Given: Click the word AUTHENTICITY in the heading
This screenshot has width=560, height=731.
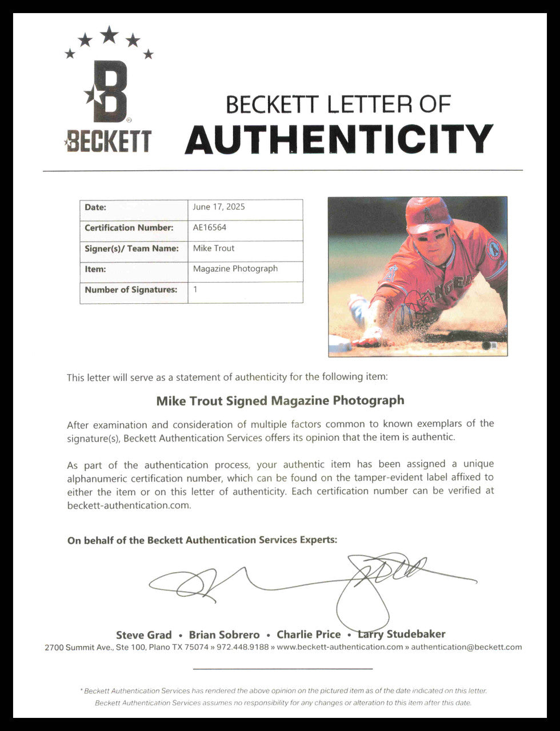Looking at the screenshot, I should coord(338,139).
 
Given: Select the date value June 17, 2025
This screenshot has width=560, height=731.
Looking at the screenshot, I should coord(219,207).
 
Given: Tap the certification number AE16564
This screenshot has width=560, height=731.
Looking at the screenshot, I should coord(210,227).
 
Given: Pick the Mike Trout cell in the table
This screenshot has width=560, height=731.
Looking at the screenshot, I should coord(214,248).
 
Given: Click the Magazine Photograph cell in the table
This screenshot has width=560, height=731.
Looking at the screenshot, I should coord(235,268).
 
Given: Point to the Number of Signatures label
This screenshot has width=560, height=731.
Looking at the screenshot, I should coord(131,290).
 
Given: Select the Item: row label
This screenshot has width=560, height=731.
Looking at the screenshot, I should coord(95,269).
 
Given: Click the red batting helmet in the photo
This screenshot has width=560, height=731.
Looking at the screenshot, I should coord(427,215).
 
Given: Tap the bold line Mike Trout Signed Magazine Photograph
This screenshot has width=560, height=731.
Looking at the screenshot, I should coord(280,400).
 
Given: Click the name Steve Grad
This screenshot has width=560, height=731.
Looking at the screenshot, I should coord(143,634).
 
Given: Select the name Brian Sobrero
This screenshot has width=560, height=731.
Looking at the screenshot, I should coord(224,634).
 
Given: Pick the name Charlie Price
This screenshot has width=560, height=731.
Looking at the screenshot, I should coord(309,634).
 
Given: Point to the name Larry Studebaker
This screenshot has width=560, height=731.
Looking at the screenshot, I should coord(401,634).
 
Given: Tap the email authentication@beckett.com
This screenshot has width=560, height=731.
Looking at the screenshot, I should coord(466,647).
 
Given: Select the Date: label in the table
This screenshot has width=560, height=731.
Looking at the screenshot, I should coord(95,207).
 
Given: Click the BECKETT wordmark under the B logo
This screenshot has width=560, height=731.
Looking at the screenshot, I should coord(109,141).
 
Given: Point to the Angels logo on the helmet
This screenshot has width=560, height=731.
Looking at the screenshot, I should coord(427,215).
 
